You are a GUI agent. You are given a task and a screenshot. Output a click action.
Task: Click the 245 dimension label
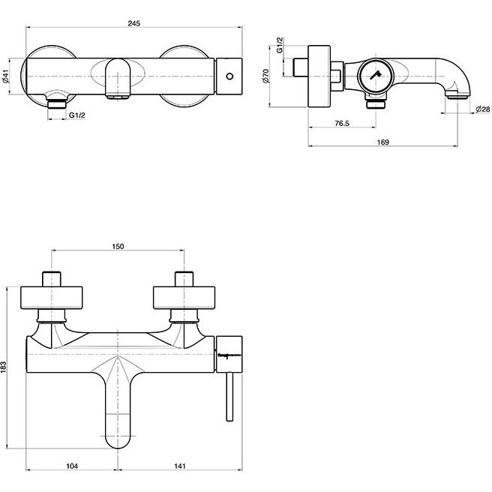click(x=134, y=23)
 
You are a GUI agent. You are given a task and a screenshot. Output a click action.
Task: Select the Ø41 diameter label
click(x=6, y=76)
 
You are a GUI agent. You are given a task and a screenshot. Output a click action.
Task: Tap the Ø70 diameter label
click(x=265, y=76)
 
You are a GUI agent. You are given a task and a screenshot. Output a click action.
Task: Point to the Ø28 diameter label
click(x=482, y=109)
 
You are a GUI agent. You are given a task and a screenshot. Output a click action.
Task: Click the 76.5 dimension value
click(x=342, y=123)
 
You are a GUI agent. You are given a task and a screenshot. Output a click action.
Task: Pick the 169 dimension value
click(x=382, y=142)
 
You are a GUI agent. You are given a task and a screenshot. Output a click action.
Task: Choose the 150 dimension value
click(x=118, y=246)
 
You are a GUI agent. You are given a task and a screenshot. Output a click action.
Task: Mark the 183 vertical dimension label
click(x=4, y=367)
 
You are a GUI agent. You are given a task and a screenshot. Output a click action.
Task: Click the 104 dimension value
click(x=72, y=466)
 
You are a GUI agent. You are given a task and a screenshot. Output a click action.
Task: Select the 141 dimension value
click(x=180, y=466)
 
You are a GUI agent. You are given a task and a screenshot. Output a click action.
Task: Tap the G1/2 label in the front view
click(x=76, y=115)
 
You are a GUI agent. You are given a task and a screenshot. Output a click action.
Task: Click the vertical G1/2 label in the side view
click(x=280, y=45)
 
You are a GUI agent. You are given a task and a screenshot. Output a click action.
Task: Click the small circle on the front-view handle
click(x=229, y=76)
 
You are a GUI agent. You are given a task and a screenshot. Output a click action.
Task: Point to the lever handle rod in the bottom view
click(x=229, y=397)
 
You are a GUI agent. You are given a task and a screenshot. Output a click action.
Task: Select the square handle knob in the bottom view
click(x=229, y=354)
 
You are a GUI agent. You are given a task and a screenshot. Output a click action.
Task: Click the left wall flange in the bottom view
click(x=52, y=298)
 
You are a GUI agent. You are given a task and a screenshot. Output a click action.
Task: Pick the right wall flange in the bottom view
click(x=184, y=298)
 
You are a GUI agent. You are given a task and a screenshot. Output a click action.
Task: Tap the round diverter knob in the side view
click(x=375, y=76)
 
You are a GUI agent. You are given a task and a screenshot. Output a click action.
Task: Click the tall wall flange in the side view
click(x=319, y=76)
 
